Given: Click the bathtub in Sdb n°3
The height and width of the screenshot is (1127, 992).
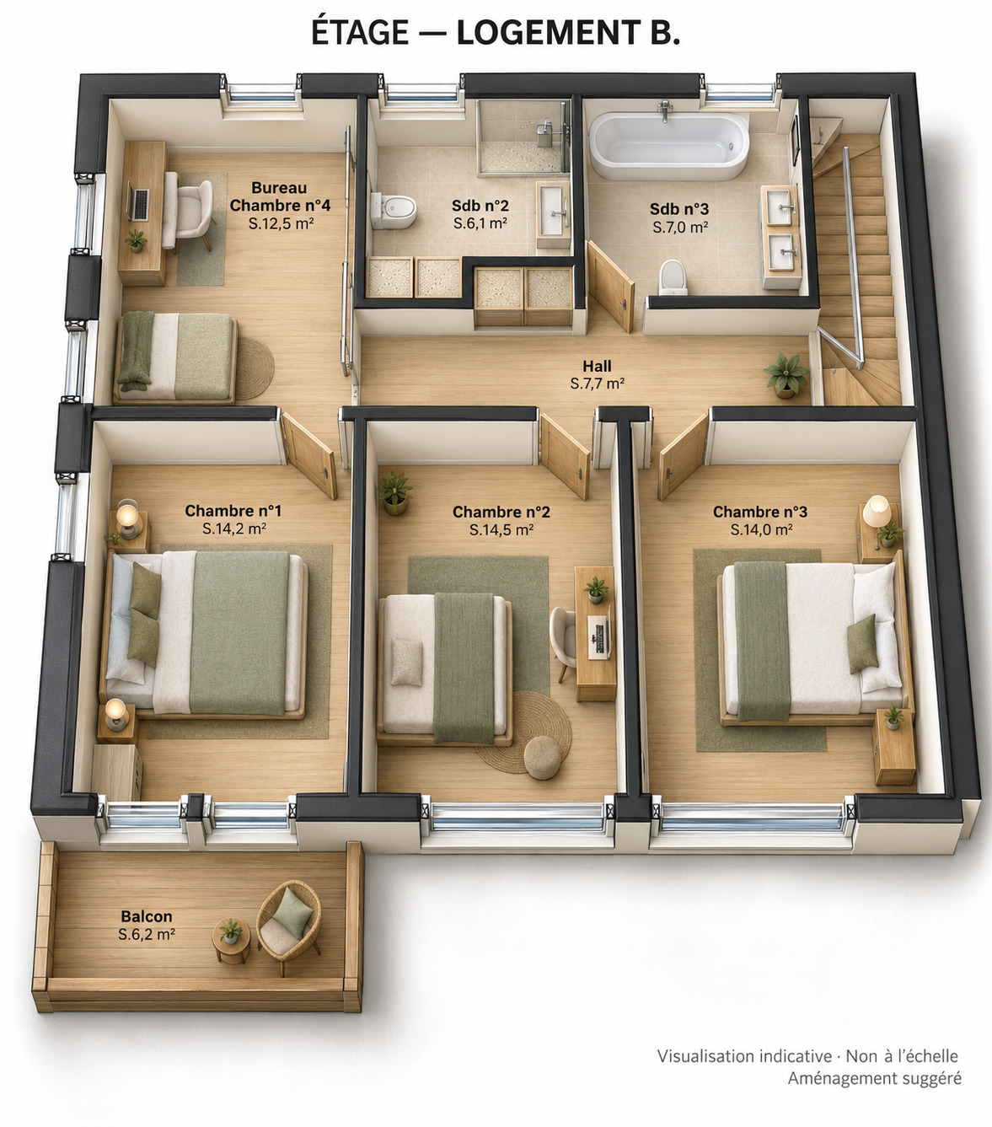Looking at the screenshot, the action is [x=668, y=146].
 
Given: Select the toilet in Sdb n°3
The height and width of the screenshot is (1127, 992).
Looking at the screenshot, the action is [x=673, y=277].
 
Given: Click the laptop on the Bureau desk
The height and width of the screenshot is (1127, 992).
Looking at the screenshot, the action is [x=138, y=204].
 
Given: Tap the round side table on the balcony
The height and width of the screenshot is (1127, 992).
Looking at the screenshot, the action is [x=232, y=941].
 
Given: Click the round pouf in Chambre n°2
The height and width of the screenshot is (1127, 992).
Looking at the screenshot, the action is [x=543, y=757].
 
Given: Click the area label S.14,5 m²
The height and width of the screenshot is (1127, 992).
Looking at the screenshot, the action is [x=501, y=529].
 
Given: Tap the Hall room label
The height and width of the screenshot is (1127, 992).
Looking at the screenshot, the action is [x=597, y=366].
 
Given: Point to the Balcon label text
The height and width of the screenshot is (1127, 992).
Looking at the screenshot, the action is [x=147, y=916].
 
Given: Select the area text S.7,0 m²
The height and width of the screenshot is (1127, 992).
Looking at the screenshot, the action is [x=680, y=227].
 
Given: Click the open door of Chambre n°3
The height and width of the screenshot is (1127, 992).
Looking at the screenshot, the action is [x=684, y=457].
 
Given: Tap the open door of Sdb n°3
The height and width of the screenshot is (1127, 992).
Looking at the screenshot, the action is [x=611, y=286].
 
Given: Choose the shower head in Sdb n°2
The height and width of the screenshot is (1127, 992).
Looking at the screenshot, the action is [x=543, y=129].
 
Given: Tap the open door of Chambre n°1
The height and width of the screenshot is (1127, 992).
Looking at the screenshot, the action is [x=310, y=455].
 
